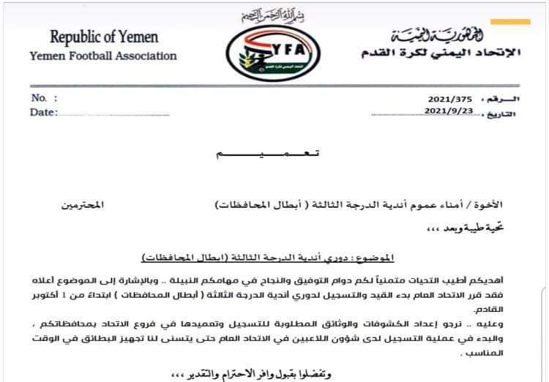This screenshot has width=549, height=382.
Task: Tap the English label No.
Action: point(42,97)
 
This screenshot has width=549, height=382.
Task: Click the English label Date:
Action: point(44,112)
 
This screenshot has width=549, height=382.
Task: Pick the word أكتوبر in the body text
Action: point(70,297)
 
